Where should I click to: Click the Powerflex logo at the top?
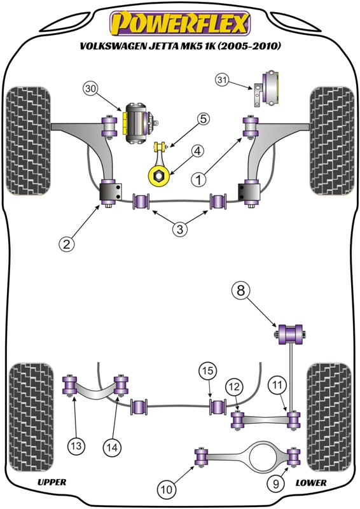click(x=180, y=24)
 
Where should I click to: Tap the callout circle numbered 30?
click(x=91, y=89)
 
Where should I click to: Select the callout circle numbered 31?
click(x=222, y=80)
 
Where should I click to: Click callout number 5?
click(x=203, y=119)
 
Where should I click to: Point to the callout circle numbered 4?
click(x=197, y=151)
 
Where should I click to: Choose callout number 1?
click(x=198, y=179)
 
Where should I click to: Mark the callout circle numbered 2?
click(x=66, y=244)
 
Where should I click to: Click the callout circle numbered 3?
click(x=180, y=229)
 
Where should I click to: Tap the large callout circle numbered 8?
click(x=240, y=290)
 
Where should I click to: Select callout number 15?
click(x=208, y=370)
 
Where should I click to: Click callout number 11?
click(x=277, y=386)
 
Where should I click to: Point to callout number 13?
click(x=76, y=446)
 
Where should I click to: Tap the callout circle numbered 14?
click(x=112, y=448)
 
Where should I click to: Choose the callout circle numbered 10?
click(x=167, y=489)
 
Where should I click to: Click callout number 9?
click(x=275, y=484)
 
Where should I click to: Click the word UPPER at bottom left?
click(x=52, y=482)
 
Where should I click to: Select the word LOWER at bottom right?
click(x=310, y=483)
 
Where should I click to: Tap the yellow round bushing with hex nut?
click(x=159, y=176)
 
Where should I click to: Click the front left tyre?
click(x=28, y=141)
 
